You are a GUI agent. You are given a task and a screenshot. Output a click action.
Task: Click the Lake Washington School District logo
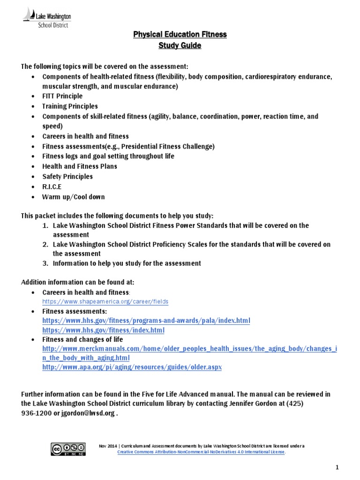click(47, 19)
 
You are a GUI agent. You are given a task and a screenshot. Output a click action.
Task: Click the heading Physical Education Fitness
click(180, 35)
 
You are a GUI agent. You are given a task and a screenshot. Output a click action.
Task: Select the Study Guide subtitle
click(180, 45)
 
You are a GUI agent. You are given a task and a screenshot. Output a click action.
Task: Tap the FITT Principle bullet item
click(62, 96)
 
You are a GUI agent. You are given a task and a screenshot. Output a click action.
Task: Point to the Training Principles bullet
click(70, 106)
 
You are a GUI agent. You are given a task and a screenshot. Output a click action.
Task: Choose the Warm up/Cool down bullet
click(73, 197)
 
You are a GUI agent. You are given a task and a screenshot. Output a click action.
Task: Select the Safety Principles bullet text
click(67, 177)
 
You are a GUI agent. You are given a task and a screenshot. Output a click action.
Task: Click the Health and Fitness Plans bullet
click(80, 166)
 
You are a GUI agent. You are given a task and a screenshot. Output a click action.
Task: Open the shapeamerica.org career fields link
click(105, 301)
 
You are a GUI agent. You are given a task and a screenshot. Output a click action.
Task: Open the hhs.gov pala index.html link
click(146, 320)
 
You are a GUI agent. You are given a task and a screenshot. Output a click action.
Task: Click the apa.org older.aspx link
click(132, 367)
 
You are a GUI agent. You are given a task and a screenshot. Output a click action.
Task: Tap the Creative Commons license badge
click(68, 448)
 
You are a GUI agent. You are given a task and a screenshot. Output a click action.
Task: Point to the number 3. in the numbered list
click(45, 263)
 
